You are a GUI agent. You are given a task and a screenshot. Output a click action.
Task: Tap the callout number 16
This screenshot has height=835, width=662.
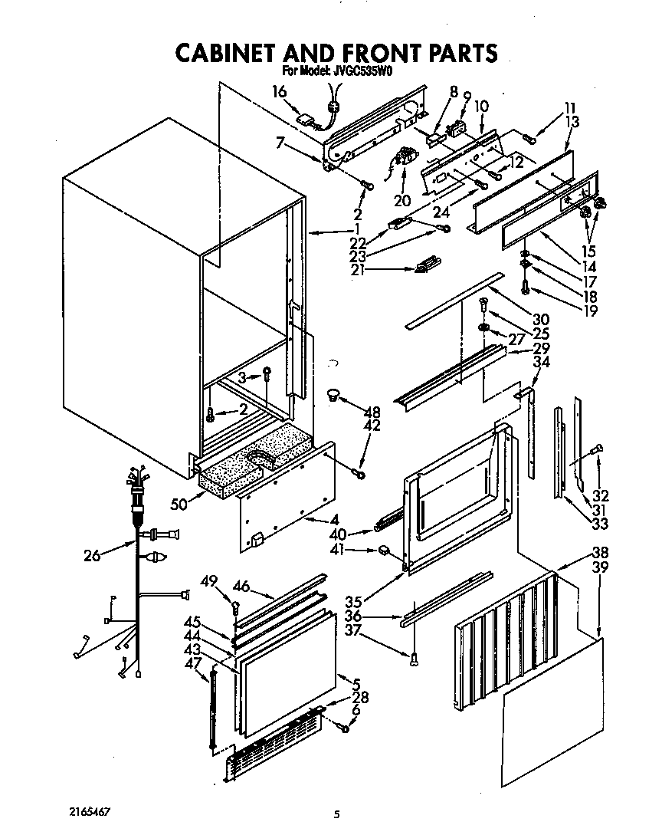point(280,92)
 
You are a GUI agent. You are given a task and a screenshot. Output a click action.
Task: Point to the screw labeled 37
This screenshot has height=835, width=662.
point(414,657)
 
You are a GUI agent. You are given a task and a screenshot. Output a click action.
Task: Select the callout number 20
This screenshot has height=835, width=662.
point(402,201)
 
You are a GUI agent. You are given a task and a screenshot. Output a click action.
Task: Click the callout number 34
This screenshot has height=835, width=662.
point(541,361)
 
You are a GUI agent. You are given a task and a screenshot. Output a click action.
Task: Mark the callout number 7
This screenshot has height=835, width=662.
point(280,143)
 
